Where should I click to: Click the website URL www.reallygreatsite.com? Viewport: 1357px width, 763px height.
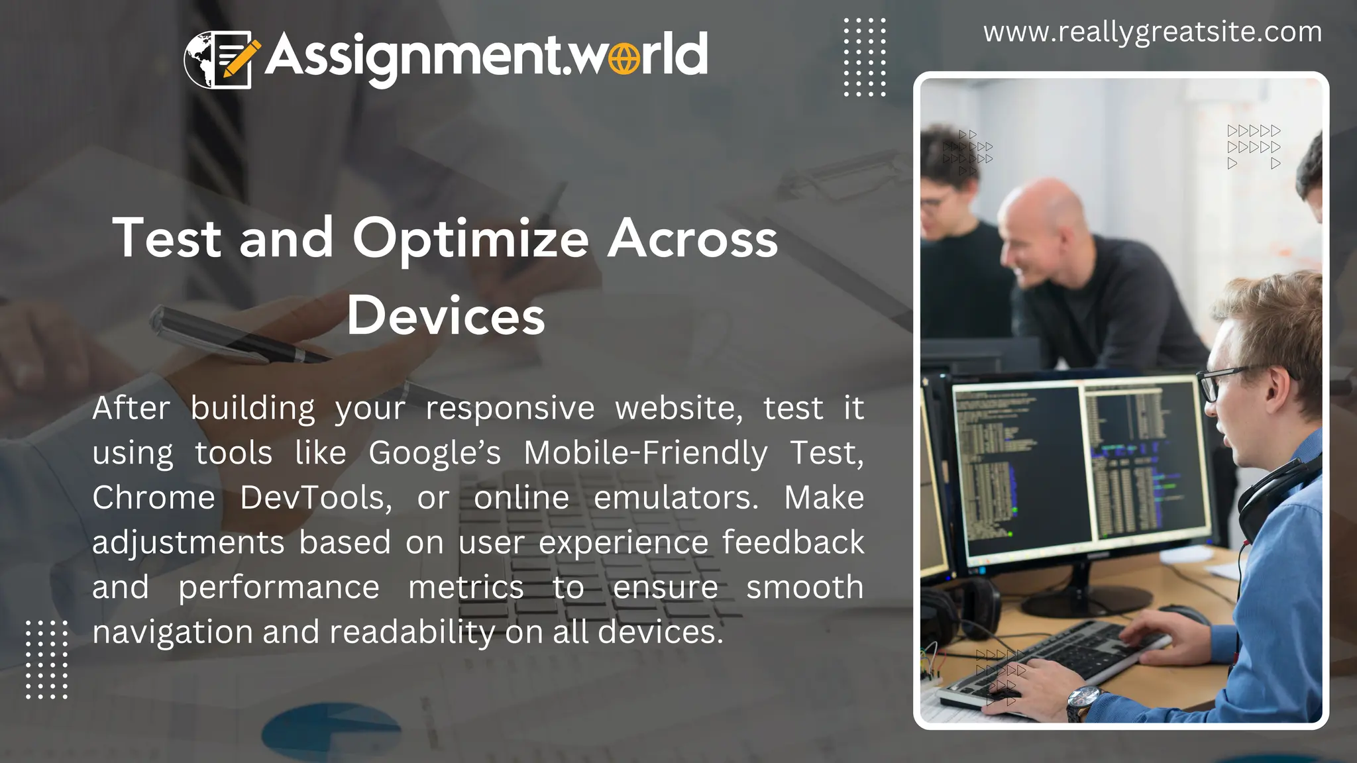coord(1152,32)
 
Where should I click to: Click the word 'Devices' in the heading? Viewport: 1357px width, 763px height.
coord(446,316)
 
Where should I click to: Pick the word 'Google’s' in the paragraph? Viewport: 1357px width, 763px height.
coord(435,454)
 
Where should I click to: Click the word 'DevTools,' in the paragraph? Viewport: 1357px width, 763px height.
coord(316,498)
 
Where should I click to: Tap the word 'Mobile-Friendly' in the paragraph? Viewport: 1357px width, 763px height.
coord(645,454)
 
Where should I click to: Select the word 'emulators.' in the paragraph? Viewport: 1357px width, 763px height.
coord(676,498)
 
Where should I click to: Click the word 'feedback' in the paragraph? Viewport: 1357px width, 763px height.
coord(792,542)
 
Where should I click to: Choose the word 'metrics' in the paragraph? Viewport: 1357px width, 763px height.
coord(466,587)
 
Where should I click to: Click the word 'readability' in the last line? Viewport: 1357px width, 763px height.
coord(412,633)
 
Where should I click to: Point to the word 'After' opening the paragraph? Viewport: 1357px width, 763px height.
coord(131,408)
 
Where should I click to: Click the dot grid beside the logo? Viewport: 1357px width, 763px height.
coord(864,58)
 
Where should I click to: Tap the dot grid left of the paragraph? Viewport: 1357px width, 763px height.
coord(46,660)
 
